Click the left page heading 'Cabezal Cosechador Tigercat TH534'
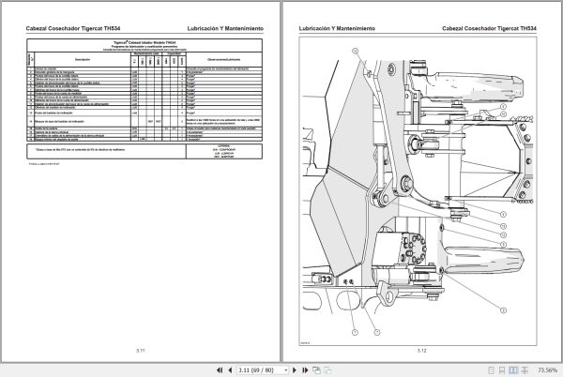(68, 30)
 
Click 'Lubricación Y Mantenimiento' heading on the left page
(228, 30)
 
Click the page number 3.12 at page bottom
(421, 350)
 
